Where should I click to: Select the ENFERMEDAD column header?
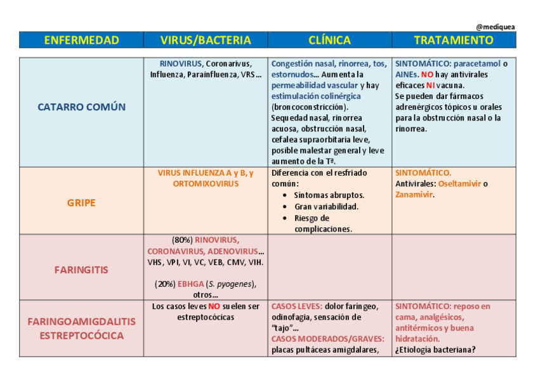click(81, 40)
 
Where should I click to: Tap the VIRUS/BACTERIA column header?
click(206, 40)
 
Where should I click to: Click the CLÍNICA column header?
click(329, 40)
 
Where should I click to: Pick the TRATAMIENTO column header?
click(454, 40)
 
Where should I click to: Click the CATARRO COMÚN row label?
click(81, 107)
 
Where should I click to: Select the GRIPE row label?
click(81, 203)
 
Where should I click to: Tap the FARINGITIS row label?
click(81, 270)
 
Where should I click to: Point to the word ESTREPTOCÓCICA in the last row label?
click(81, 335)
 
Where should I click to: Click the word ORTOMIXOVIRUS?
click(206, 183)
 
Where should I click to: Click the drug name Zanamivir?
click(414, 195)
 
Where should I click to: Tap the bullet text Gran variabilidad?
click(326, 206)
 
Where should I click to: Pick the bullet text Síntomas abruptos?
click(329, 195)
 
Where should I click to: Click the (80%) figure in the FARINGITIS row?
click(182, 240)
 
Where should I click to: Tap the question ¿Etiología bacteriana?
click(435, 350)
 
